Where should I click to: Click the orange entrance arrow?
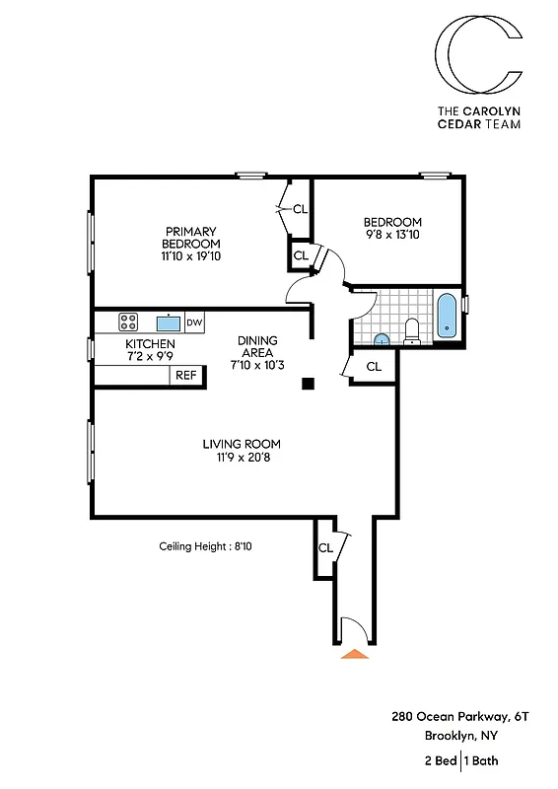pos(353,652)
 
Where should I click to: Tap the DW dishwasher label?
pos(194,323)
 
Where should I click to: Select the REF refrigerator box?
pos(185,375)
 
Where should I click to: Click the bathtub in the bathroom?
pos(448,316)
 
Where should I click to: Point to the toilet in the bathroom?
pos(413,332)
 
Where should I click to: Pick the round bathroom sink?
pos(382,339)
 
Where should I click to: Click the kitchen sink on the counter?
pos(167,323)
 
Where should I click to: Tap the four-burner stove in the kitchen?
pos(128,322)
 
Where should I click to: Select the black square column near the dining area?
pos(309,385)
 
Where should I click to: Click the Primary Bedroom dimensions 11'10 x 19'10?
pos(192,256)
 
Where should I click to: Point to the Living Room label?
pos(243,443)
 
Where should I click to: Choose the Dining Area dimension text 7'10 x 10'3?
pos(257,366)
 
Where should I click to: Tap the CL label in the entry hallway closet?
pos(324,548)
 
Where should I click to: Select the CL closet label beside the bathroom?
pos(374,366)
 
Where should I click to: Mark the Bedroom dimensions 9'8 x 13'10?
pos(392,235)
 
